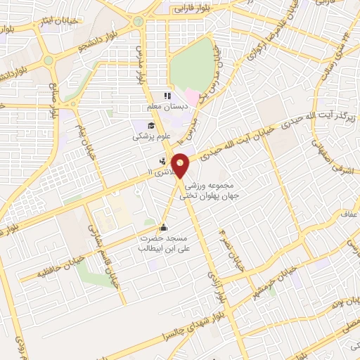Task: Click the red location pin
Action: click(x=181, y=165)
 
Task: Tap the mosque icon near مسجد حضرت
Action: click(x=164, y=227)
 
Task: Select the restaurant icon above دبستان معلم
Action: click(x=167, y=96)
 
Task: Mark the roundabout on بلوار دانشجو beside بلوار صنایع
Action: click(x=48, y=60)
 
